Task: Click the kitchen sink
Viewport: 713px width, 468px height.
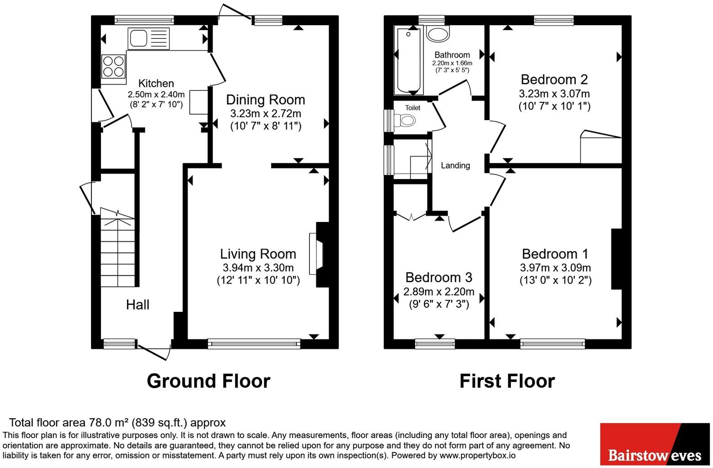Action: [149, 39]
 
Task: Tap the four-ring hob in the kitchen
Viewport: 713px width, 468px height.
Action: [113, 67]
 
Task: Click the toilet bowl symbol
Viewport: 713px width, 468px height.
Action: [404, 121]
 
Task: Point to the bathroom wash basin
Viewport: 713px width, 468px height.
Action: [438, 33]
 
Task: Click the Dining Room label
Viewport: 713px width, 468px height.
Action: [266, 100]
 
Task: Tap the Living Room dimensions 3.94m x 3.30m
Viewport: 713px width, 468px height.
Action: [258, 268]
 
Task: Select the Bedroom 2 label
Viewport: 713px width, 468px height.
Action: [554, 79]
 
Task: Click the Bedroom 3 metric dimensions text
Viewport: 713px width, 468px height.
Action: [439, 292]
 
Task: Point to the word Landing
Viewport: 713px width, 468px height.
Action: [455, 165]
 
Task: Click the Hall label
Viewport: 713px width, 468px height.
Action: [138, 305]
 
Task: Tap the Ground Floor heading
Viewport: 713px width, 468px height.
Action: [208, 381]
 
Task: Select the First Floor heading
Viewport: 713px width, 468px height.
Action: [507, 381]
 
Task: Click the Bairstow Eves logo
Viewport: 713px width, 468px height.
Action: [655, 444]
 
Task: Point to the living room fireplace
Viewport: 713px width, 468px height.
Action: [319, 254]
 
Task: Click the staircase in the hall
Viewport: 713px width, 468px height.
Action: [118, 247]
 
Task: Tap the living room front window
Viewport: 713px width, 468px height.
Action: [254, 344]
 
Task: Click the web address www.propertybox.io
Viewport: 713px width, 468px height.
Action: [478, 455]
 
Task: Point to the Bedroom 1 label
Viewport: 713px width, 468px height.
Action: [555, 254]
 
